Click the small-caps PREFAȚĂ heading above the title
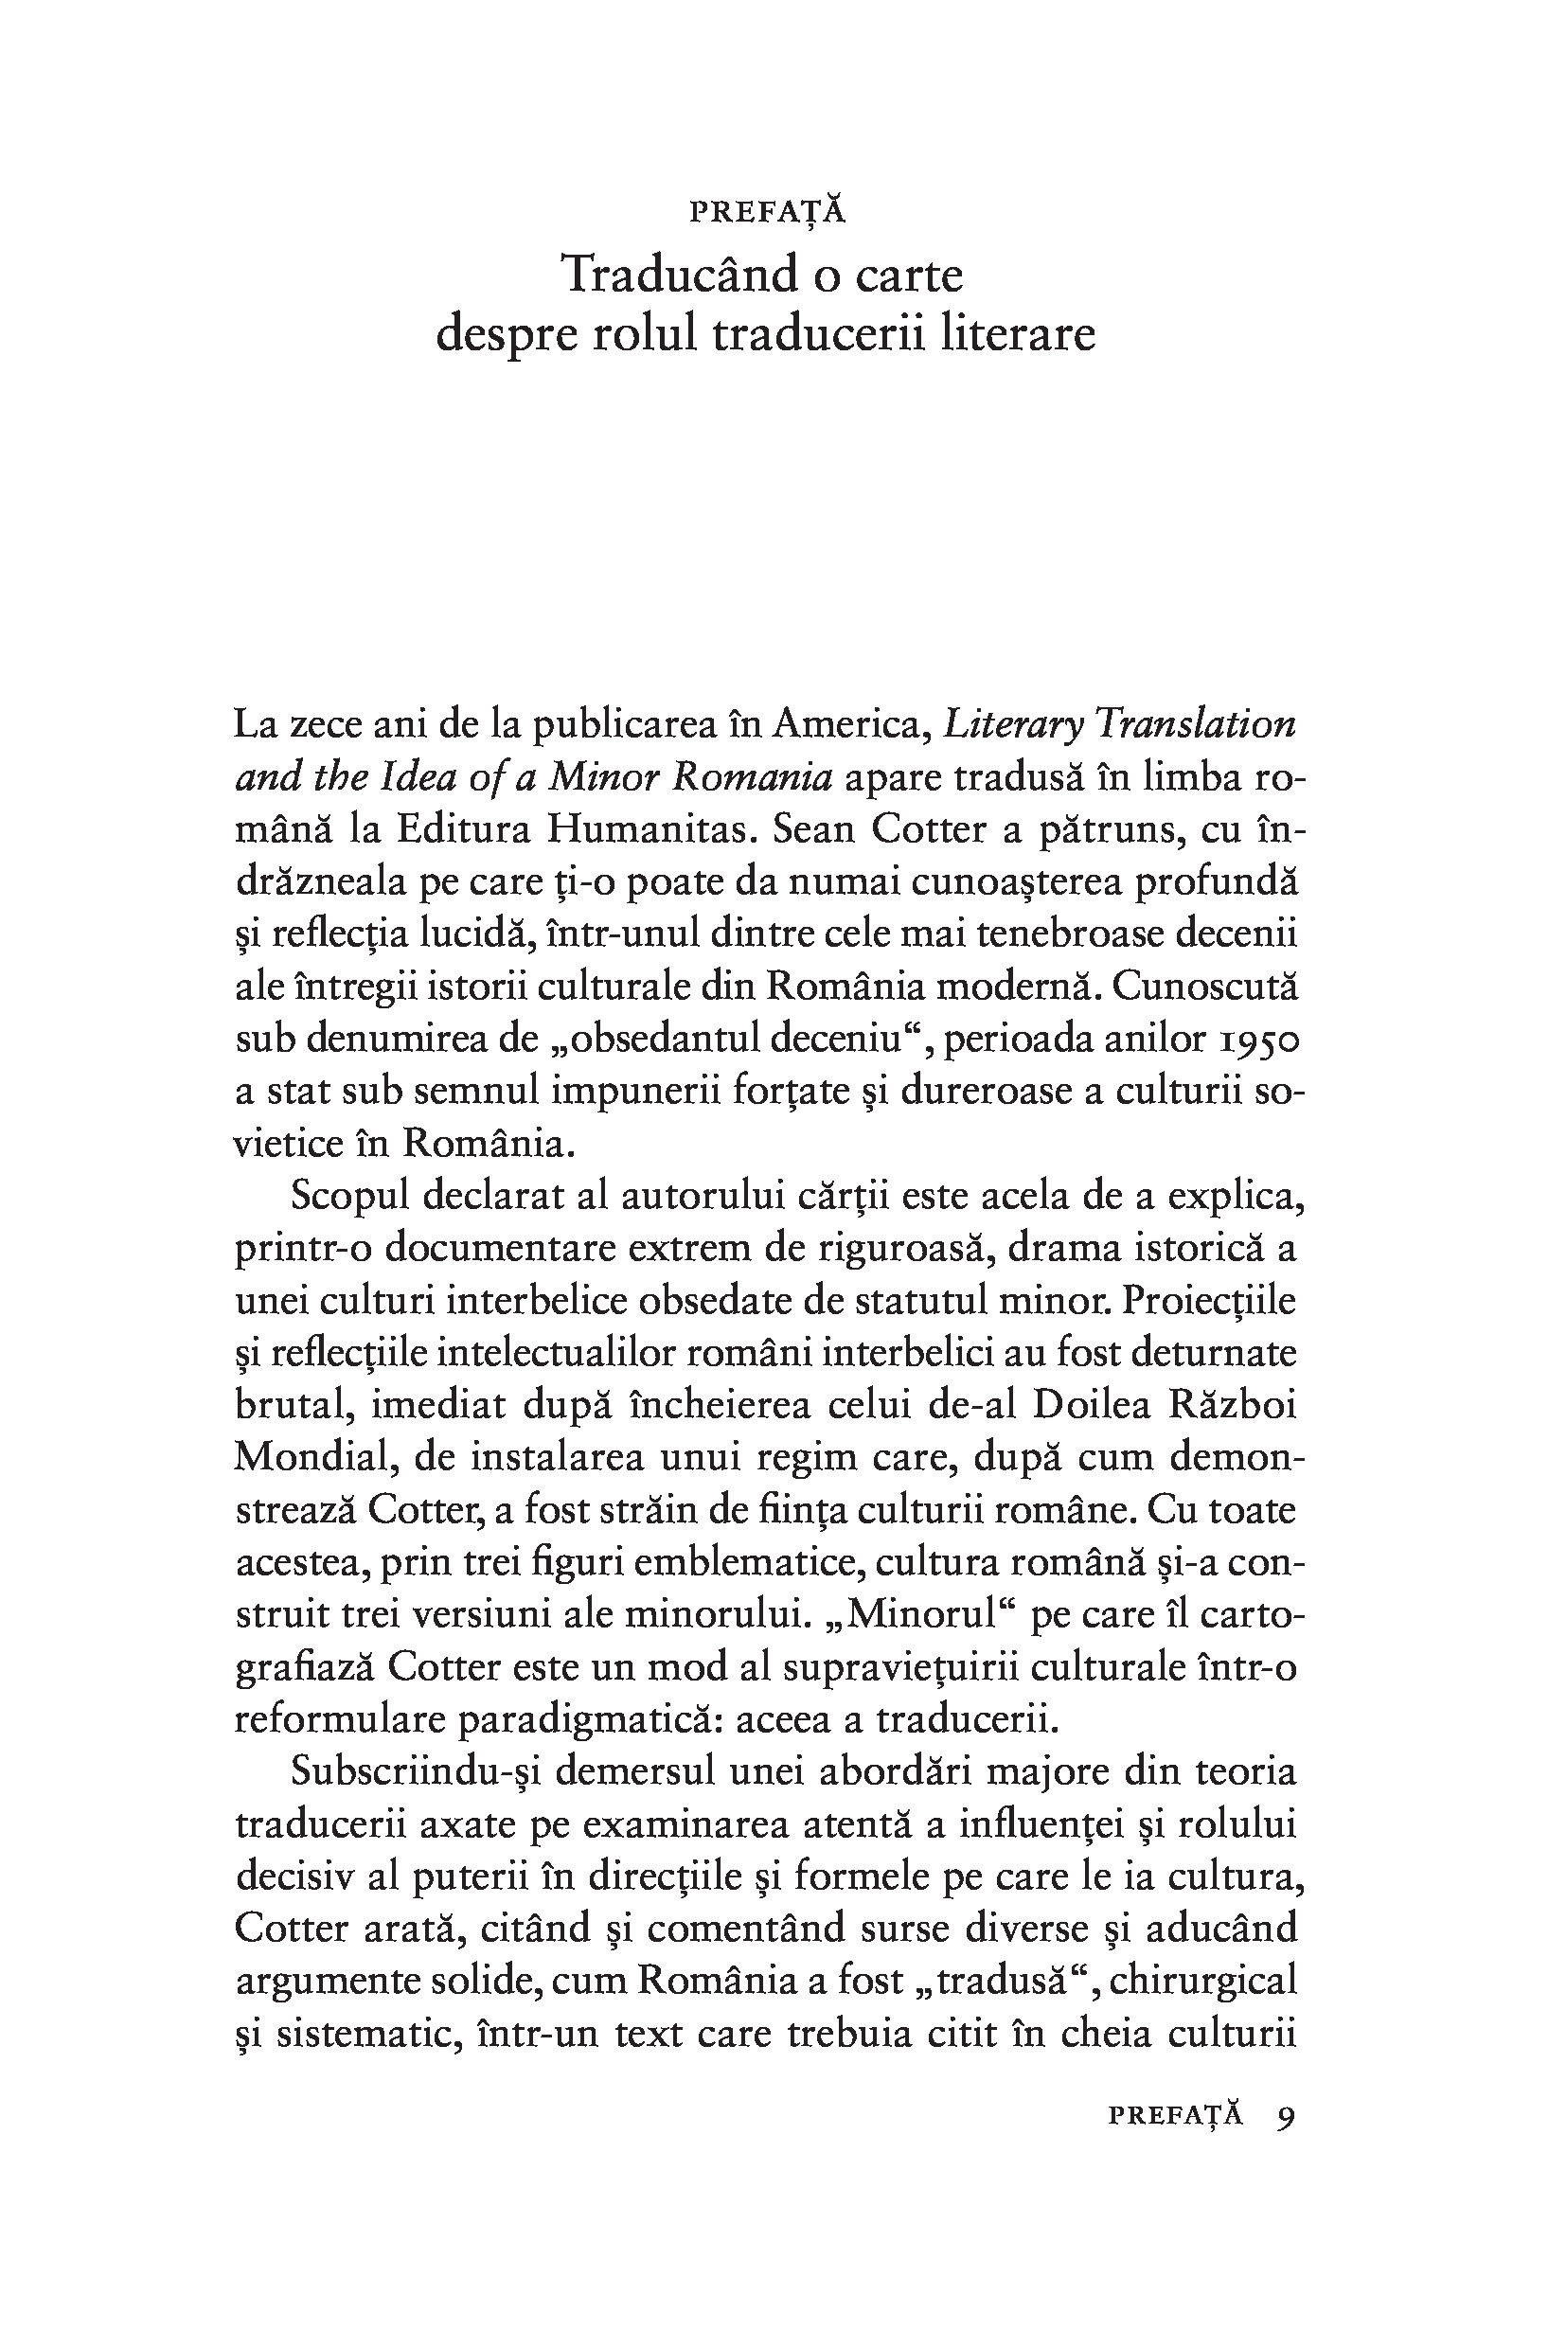pos(767,213)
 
